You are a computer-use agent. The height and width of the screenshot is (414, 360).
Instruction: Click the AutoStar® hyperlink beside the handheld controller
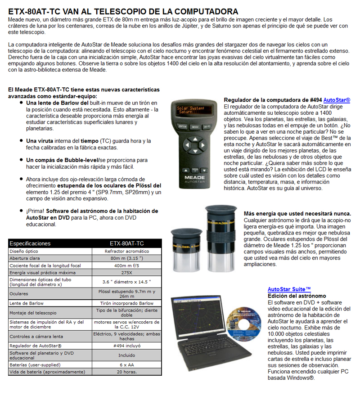pyautogui.click(x=337, y=99)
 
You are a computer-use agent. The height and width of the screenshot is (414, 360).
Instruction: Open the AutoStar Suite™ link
pyautogui.click(x=289, y=289)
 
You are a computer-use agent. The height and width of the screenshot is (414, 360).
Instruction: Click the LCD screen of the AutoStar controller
pyautogui.click(x=192, y=110)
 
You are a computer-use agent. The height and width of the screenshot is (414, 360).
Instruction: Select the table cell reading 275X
pyautogui.click(x=126, y=273)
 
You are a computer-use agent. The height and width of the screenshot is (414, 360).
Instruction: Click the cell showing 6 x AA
pyautogui.click(x=126, y=364)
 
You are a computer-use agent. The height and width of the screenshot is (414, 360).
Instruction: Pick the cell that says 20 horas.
pyautogui.click(x=126, y=372)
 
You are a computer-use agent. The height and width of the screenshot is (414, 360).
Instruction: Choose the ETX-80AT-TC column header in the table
pyautogui.click(x=126, y=243)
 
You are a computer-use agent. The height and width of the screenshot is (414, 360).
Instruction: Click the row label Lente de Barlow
pyautogui.click(x=27, y=303)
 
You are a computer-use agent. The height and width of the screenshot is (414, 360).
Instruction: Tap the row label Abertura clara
pyautogui.click(x=25, y=258)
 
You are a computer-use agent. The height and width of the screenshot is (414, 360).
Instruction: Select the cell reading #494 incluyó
pyautogui.click(x=126, y=346)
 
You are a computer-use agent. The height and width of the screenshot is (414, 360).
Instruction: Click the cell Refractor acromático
pyautogui.click(x=126, y=251)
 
